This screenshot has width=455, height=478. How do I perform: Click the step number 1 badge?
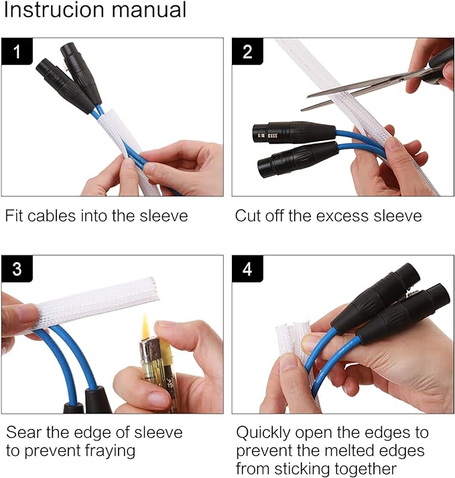[17, 51]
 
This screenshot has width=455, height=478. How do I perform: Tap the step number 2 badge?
[247, 51]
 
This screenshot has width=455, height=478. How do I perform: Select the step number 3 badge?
[17, 269]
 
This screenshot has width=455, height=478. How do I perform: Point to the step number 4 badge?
[247, 269]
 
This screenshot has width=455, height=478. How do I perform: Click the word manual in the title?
[149, 10]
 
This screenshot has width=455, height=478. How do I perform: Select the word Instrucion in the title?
[54, 10]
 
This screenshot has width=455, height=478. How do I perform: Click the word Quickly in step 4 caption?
[263, 433]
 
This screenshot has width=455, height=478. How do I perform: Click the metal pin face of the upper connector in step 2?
[264, 135]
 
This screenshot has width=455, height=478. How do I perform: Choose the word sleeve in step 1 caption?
[164, 216]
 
